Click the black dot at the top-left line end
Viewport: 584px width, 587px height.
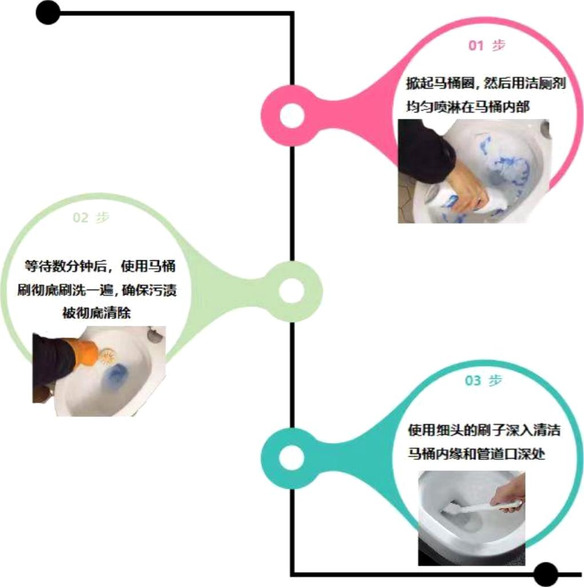[48, 13]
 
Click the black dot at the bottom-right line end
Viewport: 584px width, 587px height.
[546, 574]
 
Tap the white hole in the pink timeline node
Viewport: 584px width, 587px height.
[292, 115]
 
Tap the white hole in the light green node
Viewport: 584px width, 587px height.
[292, 291]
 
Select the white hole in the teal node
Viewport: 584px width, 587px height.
[292, 457]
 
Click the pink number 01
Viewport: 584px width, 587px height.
[476, 46]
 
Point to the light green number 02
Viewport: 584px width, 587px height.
[81, 217]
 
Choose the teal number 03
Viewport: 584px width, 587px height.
[473, 380]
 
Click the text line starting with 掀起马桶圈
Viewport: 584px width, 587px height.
[486, 83]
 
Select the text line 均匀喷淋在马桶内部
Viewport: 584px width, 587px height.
[468, 107]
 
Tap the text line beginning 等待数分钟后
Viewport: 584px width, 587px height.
[100, 266]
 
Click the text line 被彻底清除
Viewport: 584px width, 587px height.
[97, 312]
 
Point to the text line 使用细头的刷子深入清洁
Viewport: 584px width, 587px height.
[484, 430]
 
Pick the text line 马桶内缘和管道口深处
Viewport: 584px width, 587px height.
[476, 454]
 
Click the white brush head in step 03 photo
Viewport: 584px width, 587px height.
[452, 508]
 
